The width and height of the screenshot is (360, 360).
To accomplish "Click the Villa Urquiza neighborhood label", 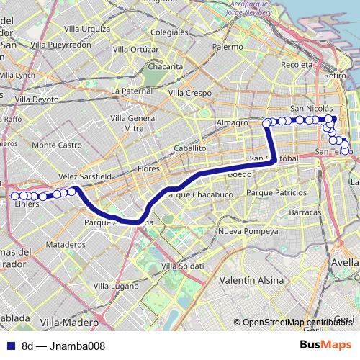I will coord(86,30).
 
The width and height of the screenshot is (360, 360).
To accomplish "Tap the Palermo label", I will coord(228,46).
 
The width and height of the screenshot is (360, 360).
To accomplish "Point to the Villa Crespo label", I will coord(189,93).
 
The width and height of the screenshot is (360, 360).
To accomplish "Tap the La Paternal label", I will coord(132,91).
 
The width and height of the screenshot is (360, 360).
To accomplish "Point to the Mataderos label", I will coord(66,245).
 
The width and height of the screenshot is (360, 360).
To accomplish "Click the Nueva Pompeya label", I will coord(248,232).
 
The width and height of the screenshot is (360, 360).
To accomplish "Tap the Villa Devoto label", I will coord(37,99).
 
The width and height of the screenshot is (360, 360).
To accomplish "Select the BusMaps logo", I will coord(325,346).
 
